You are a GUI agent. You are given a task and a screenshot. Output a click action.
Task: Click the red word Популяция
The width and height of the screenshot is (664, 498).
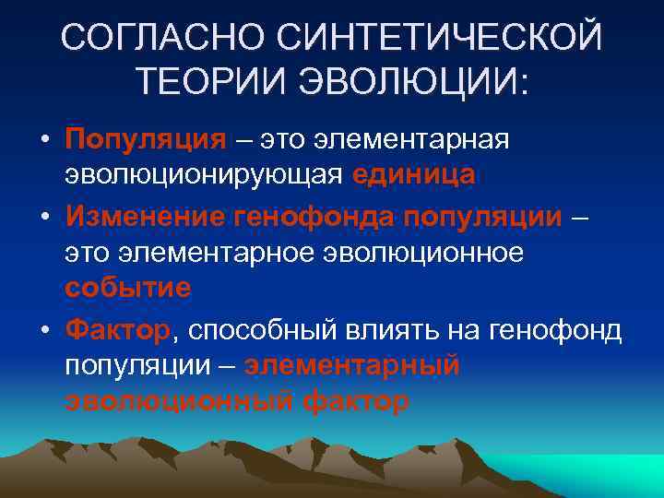coord(146,139)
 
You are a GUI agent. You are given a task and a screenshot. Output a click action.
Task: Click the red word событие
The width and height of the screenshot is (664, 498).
coord(128,286)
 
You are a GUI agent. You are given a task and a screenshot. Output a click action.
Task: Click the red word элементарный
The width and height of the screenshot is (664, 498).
coord(351,364)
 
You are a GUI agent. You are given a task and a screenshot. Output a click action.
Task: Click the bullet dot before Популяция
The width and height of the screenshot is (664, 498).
coord(44,140)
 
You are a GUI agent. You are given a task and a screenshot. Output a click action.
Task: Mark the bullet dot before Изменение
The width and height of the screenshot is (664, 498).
coord(44,217)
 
